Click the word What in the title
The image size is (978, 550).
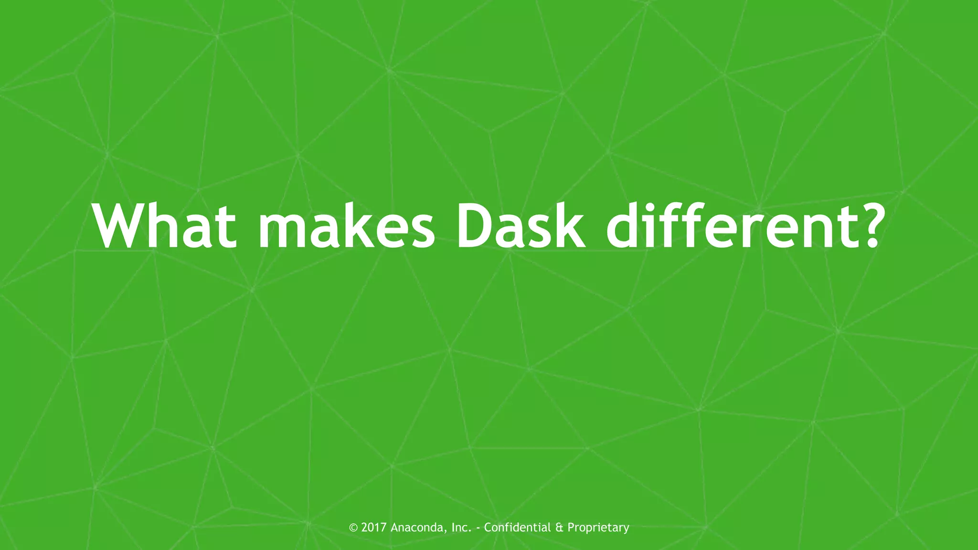(x=165, y=225)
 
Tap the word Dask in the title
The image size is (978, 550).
(x=521, y=225)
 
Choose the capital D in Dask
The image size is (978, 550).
(x=478, y=225)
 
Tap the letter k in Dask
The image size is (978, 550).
(x=568, y=225)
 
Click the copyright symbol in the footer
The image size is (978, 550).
(x=353, y=528)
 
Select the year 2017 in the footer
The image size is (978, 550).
(x=374, y=528)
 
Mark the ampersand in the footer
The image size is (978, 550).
(x=559, y=528)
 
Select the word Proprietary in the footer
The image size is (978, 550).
(x=598, y=528)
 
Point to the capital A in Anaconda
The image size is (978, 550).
(x=394, y=528)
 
